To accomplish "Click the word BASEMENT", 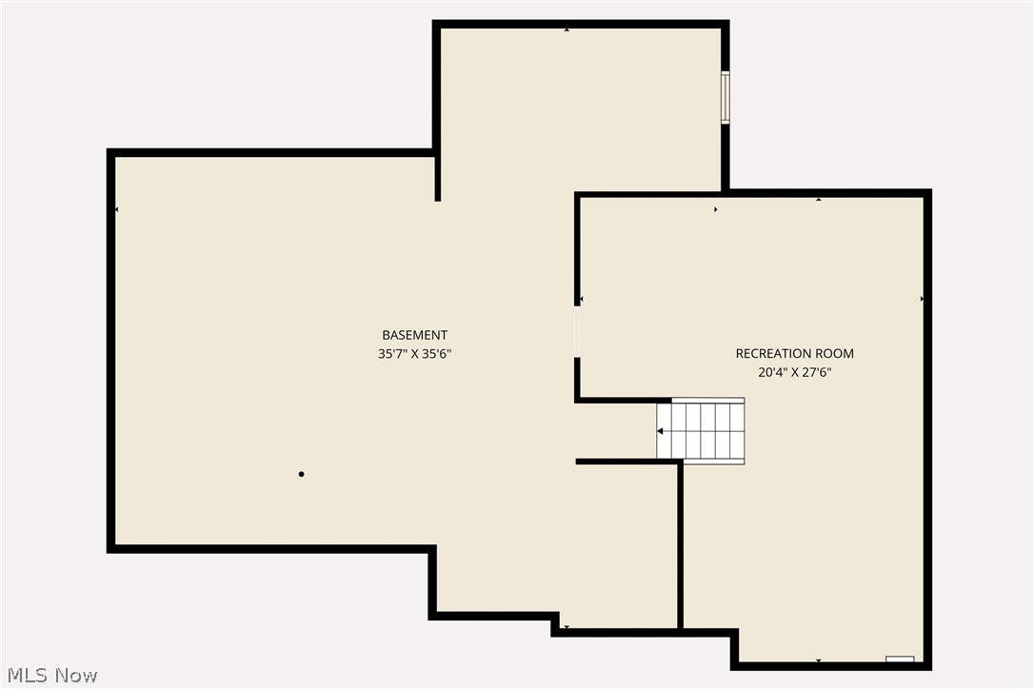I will (x=414, y=335).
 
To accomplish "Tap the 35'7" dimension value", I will (x=394, y=354).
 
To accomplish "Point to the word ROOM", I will (x=835, y=354).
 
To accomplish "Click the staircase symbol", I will (x=701, y=430).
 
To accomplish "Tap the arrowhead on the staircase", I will (x=660, y=431).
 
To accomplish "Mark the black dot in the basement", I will (x=301, y=474).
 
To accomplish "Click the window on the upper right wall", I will (x=725, y=97).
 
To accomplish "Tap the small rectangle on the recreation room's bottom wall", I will (x=900, y=659).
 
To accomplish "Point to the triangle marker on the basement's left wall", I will (x=117, y=209).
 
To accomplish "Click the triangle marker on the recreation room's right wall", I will (x=922, y=299).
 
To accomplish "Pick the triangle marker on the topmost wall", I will (x=567, y=30).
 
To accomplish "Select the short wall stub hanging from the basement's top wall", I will (x=438, y=177).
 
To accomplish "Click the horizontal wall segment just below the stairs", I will (x=628, y=462).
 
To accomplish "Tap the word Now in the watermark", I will (x=77, y=676).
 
